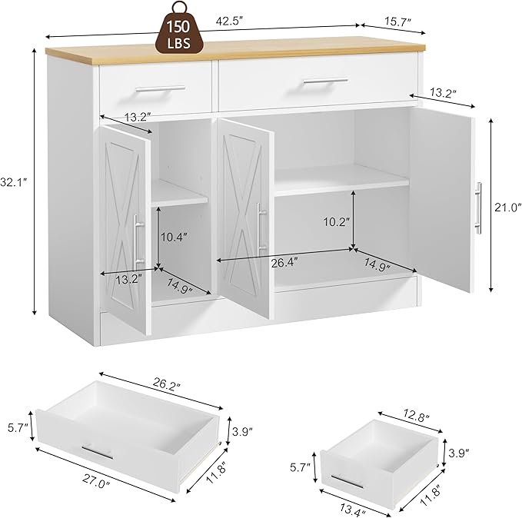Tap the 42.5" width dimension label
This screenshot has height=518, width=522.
(230, 21)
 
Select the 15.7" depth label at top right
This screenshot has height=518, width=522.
(397, 22)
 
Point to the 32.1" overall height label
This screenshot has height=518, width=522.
(14, 182)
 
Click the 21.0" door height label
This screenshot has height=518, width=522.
(507, 208)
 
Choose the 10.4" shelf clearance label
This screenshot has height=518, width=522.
(174, 237)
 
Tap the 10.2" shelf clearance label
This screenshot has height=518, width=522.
(337, 221)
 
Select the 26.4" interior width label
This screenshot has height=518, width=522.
(284, 263)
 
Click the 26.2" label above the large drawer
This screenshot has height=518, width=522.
(167, 383)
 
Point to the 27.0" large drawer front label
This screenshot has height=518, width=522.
(97, 481)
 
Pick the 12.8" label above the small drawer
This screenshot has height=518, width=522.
(417, 416)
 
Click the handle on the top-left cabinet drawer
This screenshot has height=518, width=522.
(161, 89)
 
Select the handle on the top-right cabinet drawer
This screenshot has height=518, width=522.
(326, 81)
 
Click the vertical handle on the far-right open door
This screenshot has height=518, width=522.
(478, 208)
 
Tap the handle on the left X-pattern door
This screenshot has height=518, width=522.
(139, 238)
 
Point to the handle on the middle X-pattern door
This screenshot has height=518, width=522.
(261, 230)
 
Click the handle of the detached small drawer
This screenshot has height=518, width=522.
(347, 481)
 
